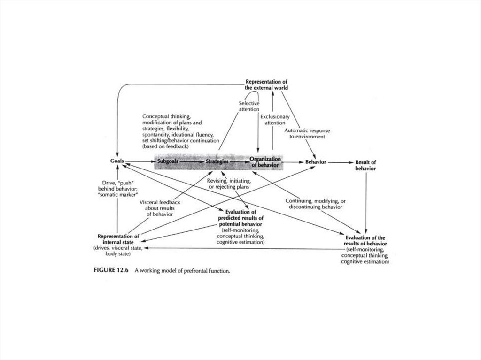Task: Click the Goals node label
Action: point(117,161)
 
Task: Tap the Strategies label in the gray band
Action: point(217,161)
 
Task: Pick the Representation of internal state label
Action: point(118,239)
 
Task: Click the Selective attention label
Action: point(249,106)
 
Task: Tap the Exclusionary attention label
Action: point(275,119)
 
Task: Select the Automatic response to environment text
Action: point(304,133)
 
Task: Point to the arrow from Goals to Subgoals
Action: point(140,161)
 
